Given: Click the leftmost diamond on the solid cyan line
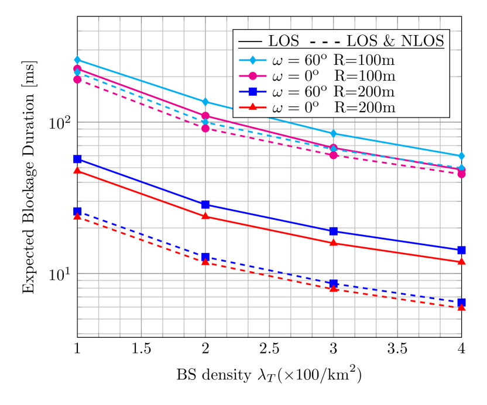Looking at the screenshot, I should tap(77, 60).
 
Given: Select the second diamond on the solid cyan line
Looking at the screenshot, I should tap(205, 102).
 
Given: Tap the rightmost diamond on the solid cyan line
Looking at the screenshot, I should tap(461, 156).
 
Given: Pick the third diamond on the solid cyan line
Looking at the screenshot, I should tap(334, 134).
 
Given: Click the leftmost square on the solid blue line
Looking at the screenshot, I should tap(77, 159).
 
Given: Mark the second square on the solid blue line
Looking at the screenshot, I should tap(205, 204).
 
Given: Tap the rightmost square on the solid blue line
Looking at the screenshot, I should tap(461, 250).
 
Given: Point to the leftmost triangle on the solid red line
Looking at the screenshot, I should tap(77, 170).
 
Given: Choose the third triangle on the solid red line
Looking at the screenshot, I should tap(334, 242).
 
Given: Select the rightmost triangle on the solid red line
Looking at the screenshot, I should tap(461, 261).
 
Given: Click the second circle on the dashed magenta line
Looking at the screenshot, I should tap(205, 128).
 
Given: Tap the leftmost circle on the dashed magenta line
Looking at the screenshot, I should tap(77, 79).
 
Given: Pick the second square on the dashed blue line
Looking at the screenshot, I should tap(205, 257).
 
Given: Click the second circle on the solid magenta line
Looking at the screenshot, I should tap(205, 116).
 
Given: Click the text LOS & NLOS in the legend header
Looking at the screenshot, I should tap(395, 41).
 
